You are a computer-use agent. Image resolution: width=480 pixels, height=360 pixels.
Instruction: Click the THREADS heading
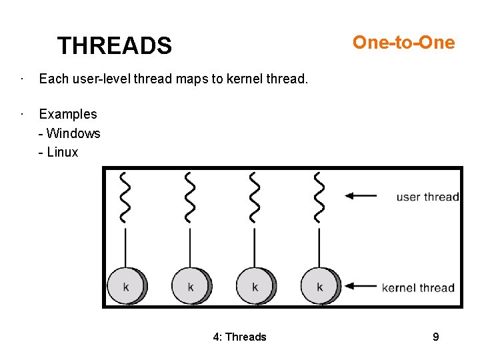114,46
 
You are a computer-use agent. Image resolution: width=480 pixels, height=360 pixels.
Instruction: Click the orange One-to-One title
403,43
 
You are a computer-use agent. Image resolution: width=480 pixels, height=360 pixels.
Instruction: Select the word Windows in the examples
73,133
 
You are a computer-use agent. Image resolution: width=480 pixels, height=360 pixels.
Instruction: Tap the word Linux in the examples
63,152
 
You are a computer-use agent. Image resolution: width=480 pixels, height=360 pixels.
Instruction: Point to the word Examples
67,114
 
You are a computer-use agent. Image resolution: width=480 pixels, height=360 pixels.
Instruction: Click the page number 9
435,337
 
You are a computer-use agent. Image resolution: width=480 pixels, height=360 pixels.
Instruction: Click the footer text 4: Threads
239,337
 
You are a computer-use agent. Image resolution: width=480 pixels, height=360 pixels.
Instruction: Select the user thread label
427,197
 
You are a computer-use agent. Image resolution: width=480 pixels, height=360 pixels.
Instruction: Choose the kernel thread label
418,288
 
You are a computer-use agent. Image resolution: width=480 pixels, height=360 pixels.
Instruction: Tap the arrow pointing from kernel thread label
361,287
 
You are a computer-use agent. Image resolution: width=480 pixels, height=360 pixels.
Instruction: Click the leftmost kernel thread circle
126,286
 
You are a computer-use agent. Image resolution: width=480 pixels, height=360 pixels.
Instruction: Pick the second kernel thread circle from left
191,286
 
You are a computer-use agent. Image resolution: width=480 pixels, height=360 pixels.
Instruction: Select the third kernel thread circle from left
255,286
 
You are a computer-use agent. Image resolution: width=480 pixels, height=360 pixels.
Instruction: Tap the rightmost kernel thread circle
319,286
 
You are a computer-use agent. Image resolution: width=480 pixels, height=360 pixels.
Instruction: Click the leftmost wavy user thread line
125,197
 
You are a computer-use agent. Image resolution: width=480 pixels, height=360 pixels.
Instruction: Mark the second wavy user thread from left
190,197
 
